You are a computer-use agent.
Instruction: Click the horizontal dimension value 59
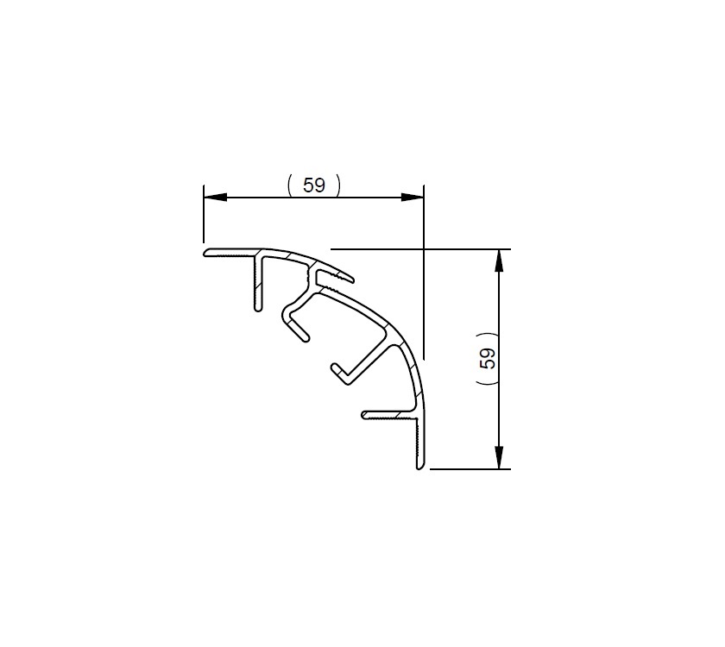(x=314, y=185)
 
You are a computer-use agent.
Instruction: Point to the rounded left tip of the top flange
(x=207, y=254)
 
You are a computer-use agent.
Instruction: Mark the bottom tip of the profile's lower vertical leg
(x=420, y=467)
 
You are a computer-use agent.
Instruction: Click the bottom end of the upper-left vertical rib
(x=257, y=307)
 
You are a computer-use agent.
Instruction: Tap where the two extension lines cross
(x=424, y=248)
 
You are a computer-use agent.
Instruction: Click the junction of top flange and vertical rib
(x=258, y=256)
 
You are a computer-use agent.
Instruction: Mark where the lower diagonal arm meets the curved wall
(x=396, y=342)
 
